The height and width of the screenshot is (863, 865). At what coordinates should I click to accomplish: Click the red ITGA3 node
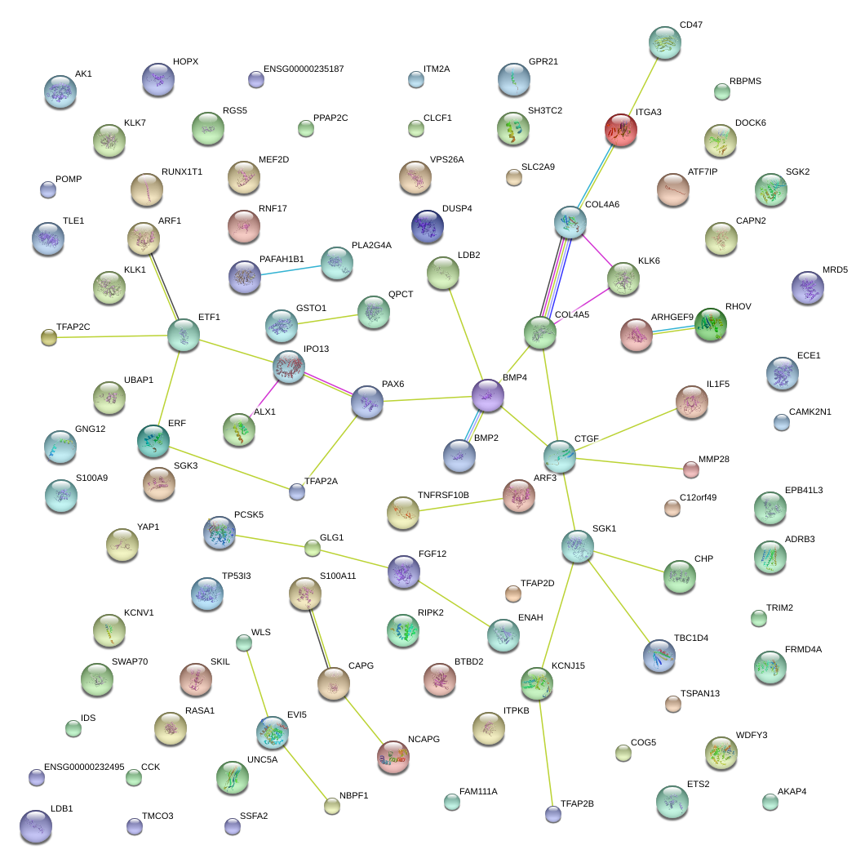pyautogui.click(x=620, y=129)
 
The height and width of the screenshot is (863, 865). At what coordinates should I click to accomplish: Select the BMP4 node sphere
pyautogui.click(x=487, y=395)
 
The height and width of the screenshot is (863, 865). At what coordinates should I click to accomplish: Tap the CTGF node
pyautogui.click(x=560, y=456)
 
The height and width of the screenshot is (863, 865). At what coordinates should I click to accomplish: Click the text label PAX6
pyautogui.click(x=393, y=384)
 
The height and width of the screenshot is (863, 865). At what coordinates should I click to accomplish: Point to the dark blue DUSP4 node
pyautogui.click(x=428, y=226)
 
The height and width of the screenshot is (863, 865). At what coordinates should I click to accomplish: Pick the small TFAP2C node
pyautogui.click(x=49, y=337)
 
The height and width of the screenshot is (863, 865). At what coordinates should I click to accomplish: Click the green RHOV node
pyautogui.click(x=710, y=323)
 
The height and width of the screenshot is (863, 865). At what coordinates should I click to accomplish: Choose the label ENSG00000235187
pyautogui.click(x=304, y=69)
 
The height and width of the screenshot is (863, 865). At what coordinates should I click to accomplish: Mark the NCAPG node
pyautogui.click(x=393, y=757)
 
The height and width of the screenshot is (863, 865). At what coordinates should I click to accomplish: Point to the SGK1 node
pyautogui.click(x=577, y=545)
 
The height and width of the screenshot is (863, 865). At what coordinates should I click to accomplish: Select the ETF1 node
pyautogui.click(x=183, y=335)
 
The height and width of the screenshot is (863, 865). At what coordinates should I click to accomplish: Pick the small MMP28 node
pyautogui.click(x=690, y=469)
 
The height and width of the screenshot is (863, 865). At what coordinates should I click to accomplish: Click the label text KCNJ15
pyautogui.click(x=568, y=666)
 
